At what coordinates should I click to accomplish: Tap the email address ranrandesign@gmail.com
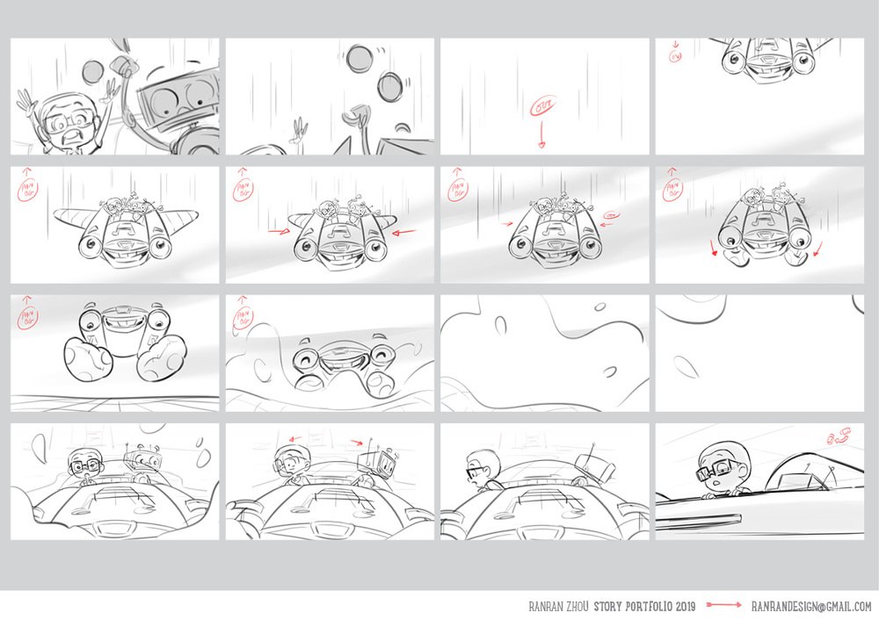(811, 606)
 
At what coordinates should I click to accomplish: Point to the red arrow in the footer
(724, 606)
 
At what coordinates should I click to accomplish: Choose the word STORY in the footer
(606, 606)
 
